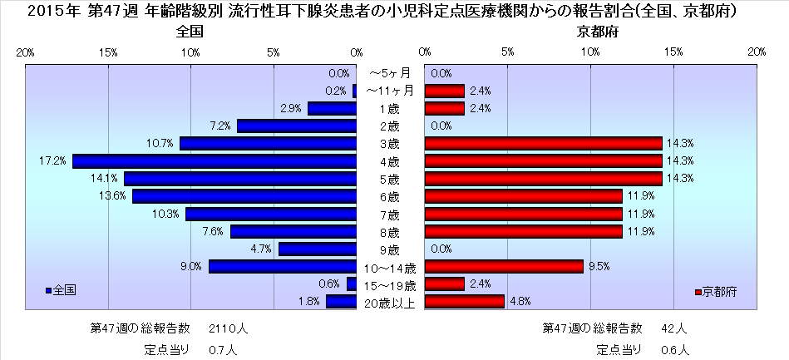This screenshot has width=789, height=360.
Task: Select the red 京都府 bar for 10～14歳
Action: [503, 267]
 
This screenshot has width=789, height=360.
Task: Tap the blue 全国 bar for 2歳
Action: [297, 126]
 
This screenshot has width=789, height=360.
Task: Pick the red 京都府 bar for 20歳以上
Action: [464, 302]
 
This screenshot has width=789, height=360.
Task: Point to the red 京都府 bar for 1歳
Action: [444, 109]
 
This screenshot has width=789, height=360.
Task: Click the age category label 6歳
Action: [389, 197]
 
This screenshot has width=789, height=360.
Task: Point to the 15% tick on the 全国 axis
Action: [108, 52]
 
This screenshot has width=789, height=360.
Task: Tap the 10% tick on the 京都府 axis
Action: [590, 52]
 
